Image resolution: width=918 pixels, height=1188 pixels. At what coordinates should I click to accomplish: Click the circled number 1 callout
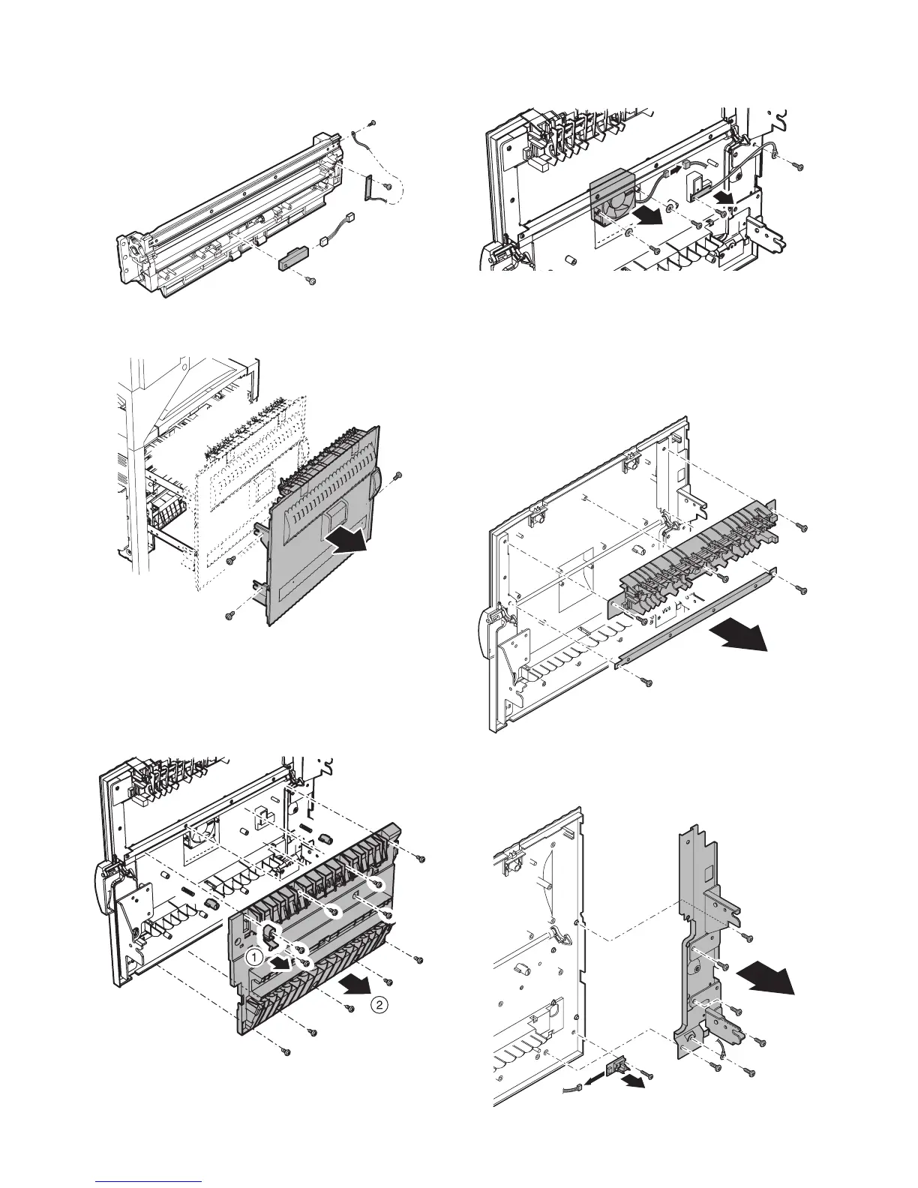click(x=256, y=956)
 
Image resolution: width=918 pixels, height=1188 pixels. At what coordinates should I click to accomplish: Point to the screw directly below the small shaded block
click(x=312, y=281)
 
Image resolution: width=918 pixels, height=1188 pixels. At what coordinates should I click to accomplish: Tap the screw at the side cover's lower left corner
click(x=229, y=616)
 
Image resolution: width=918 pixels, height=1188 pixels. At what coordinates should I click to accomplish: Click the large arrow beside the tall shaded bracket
click(x=766, y=979)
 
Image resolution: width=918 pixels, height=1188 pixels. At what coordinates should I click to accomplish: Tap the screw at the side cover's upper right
click(x=398, y=475)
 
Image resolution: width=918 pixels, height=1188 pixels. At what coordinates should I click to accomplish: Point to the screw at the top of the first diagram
click(x=373, y=124)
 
